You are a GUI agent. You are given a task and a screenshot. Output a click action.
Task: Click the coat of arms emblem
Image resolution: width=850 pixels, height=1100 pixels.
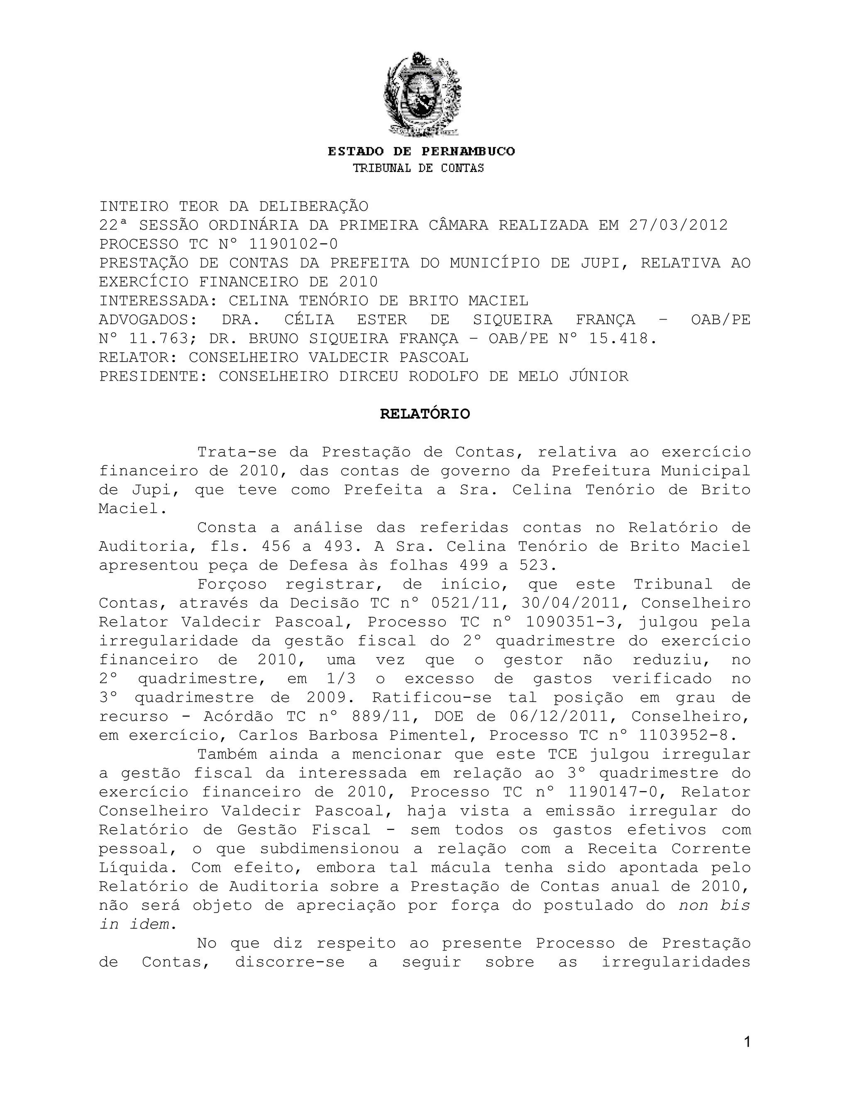[422, 94]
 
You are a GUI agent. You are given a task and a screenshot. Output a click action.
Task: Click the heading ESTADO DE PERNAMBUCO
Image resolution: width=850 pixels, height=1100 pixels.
[422, 152]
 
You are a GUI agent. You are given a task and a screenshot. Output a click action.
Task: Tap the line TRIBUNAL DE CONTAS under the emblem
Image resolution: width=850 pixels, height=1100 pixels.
[418, 168]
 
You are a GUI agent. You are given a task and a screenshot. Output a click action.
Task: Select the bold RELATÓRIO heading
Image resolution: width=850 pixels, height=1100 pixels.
[425, 414]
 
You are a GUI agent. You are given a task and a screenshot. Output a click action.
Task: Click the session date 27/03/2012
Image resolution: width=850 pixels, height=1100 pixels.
[678, 225]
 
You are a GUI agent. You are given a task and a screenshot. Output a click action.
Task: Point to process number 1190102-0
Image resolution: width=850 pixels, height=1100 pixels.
[293, 244]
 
